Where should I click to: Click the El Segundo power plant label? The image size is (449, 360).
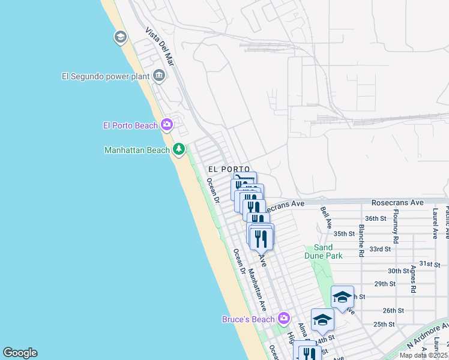point(106,76)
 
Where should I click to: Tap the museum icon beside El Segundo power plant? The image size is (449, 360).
point(159,76)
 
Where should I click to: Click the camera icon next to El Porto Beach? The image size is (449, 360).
point(167,125)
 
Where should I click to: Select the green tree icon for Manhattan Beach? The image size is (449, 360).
point(178,149)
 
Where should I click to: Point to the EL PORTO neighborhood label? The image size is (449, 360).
point(229,170)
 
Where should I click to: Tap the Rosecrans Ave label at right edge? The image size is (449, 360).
point(397,203)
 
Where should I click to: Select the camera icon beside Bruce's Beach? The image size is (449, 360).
point(284,318)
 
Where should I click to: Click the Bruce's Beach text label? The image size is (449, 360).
point(249,319)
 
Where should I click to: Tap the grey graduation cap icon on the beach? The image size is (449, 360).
point(120,38)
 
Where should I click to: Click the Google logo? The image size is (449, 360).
point(20,353)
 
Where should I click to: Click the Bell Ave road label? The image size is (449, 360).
point(326,217)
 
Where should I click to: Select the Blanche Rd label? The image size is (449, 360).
point(361,241)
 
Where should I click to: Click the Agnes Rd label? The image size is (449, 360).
point(413,279)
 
